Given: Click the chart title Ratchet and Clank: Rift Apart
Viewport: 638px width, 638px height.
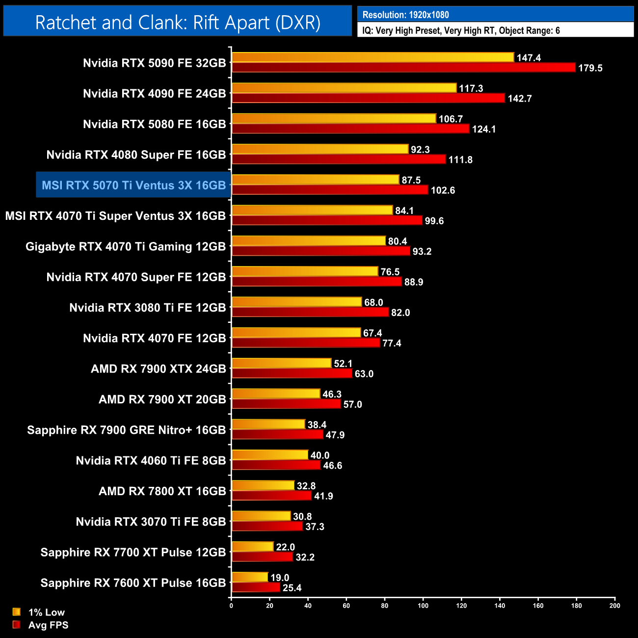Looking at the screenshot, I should [178, 23].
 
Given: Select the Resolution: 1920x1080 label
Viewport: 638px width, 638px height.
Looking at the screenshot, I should [405, 15].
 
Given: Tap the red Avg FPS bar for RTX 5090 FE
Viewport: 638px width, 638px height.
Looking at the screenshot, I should [403, 68].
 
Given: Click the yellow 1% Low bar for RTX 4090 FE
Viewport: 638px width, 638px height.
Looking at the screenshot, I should [344, 88].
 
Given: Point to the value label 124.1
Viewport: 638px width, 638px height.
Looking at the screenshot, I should [484, 129].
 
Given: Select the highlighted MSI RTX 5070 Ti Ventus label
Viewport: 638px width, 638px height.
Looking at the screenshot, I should [133, 185].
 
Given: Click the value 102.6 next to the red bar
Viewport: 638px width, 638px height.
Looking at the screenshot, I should [443, 190].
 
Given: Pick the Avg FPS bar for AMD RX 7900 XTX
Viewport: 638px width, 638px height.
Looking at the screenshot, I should [292, 373].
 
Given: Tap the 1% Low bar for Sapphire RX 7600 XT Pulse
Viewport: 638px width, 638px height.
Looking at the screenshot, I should [250, 577].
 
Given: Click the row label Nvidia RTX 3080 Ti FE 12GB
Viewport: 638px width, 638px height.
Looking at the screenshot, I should [148, 308].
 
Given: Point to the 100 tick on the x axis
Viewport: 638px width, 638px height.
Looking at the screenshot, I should [423, 605].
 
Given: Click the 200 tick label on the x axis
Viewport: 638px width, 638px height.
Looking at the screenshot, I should [614, 605].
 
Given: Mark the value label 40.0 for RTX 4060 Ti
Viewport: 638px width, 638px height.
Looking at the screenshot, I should [320, 455].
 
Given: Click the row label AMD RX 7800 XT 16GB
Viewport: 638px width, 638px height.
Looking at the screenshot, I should [162, 491].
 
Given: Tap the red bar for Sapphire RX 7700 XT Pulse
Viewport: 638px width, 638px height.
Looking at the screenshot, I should [262, 557].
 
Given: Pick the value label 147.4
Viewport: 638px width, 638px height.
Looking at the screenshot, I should [529, 58].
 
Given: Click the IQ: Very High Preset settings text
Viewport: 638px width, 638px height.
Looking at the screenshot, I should [461, 30].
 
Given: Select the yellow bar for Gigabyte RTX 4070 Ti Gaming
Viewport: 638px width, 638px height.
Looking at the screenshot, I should [309, 241].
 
